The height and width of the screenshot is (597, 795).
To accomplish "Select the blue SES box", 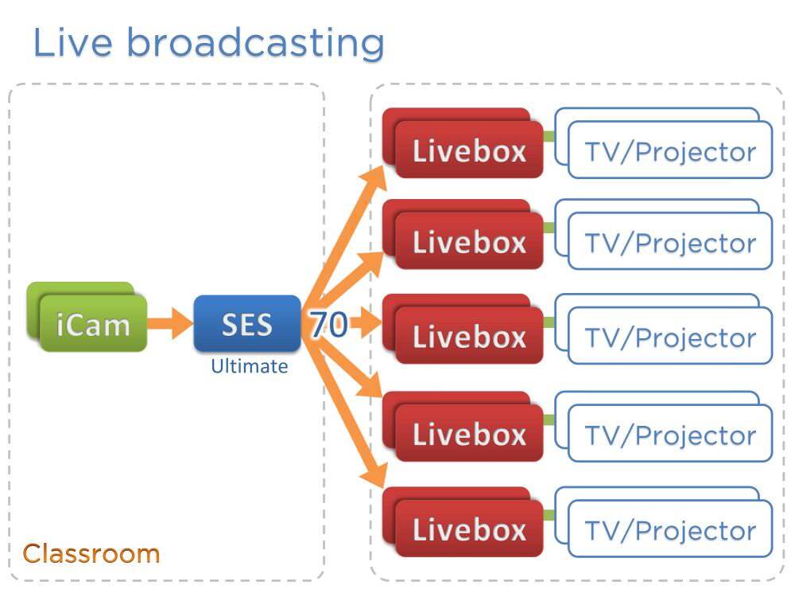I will point(247,324).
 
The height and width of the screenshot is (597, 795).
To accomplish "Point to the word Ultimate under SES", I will point(249,367).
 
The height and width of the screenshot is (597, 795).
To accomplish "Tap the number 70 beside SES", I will point(328,326).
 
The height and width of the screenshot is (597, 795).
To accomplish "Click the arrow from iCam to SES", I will point(170,324).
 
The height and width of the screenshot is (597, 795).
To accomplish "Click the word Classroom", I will point(91,553).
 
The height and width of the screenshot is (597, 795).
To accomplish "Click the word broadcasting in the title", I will point(255,43).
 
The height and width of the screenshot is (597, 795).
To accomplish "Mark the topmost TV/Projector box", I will point(669,151).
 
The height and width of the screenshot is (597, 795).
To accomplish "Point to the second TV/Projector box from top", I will point(669,243).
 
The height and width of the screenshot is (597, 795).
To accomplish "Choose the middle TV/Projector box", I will point(669,338).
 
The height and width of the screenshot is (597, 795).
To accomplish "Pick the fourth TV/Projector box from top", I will point(669,435).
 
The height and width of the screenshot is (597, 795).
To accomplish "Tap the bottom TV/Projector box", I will point(669,530).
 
